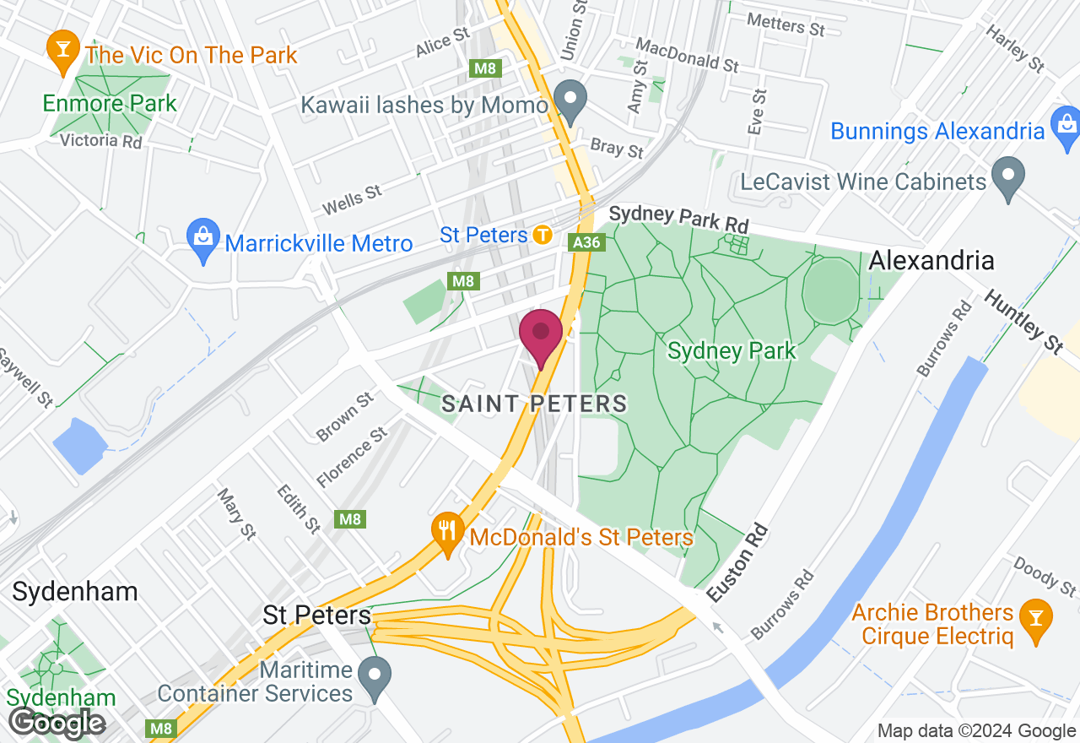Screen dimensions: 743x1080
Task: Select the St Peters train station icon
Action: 543,235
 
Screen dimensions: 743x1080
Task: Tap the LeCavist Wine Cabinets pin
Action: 1008,176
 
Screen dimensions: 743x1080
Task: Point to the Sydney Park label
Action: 732,350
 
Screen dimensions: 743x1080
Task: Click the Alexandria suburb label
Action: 931,260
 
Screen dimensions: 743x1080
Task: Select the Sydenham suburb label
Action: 75,591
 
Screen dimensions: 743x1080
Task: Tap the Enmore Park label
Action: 110,104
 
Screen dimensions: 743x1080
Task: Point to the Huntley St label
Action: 1023,321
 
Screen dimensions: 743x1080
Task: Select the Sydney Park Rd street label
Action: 679,218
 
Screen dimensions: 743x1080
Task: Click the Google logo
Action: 57,723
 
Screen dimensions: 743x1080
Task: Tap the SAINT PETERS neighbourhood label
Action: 535,404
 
